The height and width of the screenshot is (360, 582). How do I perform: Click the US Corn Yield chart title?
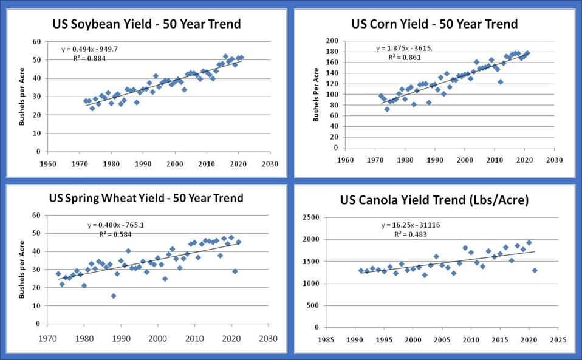click(434, 24)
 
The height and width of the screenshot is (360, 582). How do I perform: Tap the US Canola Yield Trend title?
click(434, 200)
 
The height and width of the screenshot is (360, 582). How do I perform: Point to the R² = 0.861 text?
click(404, 58)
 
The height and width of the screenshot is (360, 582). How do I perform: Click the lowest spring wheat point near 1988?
click(114, 296)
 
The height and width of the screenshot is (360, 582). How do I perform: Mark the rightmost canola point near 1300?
click(535, 270)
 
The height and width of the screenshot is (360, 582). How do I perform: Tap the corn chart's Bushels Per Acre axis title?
click(316, 95)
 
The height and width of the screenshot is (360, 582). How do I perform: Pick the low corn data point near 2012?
click(500, 82)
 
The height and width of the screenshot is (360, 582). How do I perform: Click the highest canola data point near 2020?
click(529, 243)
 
